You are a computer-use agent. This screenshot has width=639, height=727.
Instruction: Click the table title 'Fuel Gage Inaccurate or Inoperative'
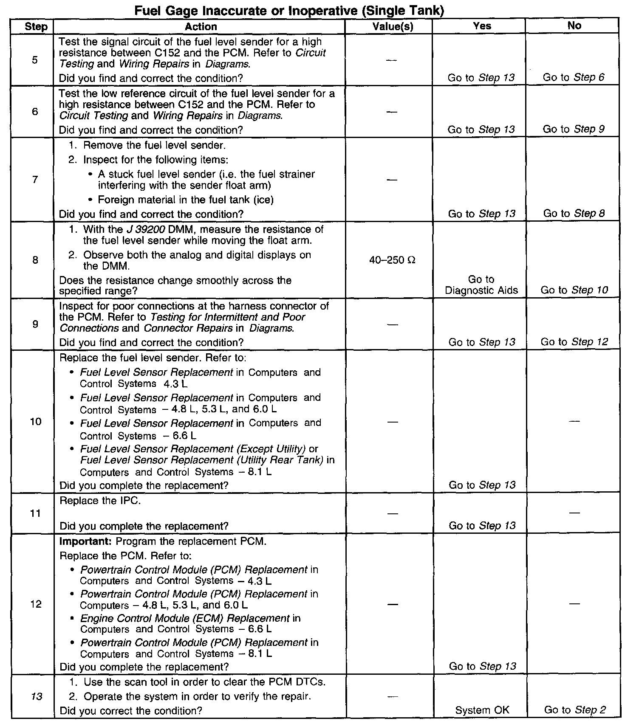[x=289, y=10]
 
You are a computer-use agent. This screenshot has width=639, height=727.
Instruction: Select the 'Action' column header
[x=201, y=27]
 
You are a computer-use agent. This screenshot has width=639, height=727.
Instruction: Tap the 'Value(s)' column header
[x=393, y=27]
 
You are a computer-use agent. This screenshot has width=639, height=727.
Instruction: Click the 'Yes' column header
[x=482, y=26]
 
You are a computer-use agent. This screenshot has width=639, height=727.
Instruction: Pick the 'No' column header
[x=574, y=25]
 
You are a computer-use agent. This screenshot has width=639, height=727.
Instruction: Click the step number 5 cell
[x=34, y=60]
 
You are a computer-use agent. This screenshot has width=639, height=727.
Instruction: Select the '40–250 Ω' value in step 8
[x=392, y=260]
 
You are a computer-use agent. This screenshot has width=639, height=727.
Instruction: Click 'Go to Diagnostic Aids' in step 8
[x=481, y=285]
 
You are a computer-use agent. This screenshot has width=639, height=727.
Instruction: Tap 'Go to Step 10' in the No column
[x=574, y=290]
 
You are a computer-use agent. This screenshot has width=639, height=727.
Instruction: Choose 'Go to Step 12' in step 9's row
[x=574, y=342]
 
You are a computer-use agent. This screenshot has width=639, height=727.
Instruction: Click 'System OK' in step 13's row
[x=482, y=710]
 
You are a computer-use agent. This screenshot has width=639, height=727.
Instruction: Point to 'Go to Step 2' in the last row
[x=575, y=710]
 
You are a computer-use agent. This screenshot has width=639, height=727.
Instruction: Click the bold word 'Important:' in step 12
[x=86, y=541]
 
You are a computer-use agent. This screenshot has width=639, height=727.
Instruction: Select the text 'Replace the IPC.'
[x=100, y=501]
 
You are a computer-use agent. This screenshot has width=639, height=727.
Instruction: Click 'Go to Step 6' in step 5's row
[x=573, y=77]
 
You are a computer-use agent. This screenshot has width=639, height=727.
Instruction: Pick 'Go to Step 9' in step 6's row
[x=573, y=129]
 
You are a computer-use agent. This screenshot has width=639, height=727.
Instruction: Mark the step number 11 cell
[x=36, y=513]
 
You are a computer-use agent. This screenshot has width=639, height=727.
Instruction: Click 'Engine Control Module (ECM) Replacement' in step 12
[x=185, y=618]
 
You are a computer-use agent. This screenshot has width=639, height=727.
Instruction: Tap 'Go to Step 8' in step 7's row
[x=574, y=214]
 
